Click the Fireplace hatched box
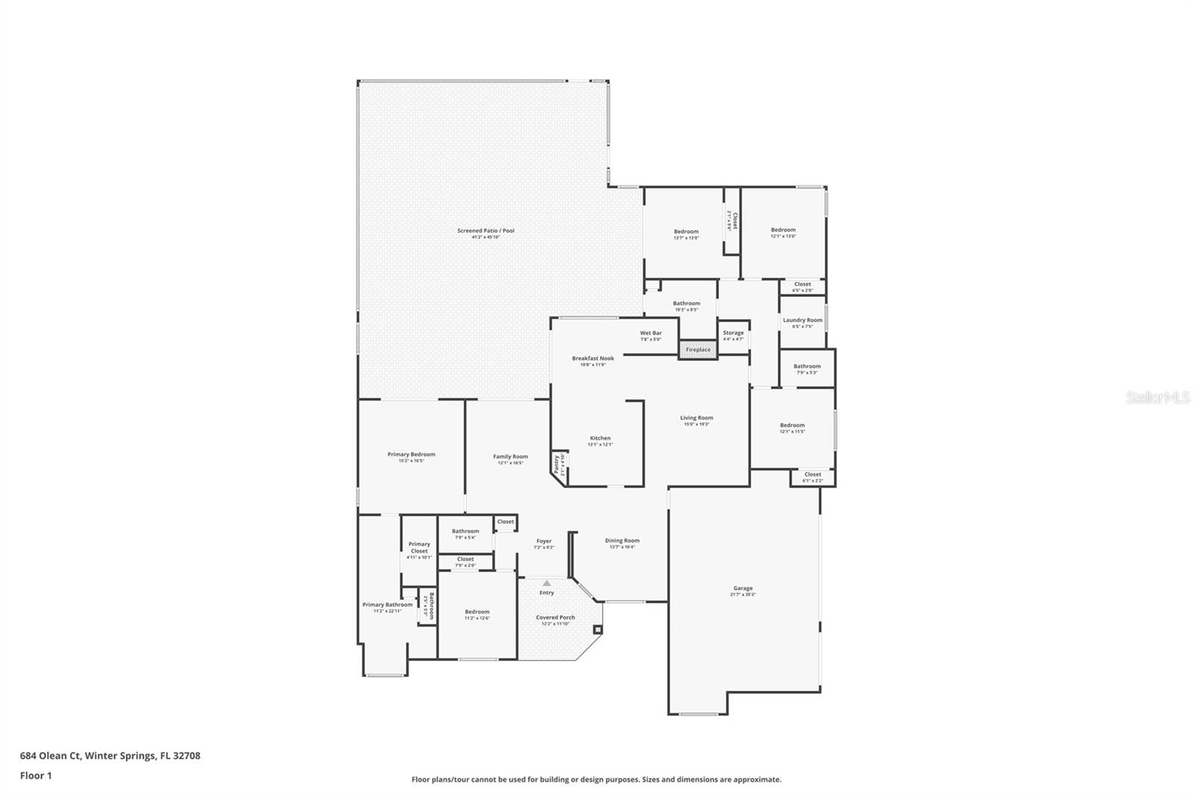(698, 350)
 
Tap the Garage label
(743, 588)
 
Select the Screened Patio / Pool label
(485, 230)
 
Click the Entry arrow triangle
(547, 583)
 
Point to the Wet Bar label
(650, 333)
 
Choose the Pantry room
(558, 465)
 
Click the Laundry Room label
(802, 320)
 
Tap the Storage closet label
(733, 333)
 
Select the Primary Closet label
(419, 547)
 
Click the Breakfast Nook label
(593, 358)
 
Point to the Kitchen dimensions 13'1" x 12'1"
(600, 444)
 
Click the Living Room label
(696, 418)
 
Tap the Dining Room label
(622, 541)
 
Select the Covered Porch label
(555, 618)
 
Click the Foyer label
(544, 541)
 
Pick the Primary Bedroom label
(411, 454)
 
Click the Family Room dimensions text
(511, 463)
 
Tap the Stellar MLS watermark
(1157, 397)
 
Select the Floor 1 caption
(36, 776)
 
